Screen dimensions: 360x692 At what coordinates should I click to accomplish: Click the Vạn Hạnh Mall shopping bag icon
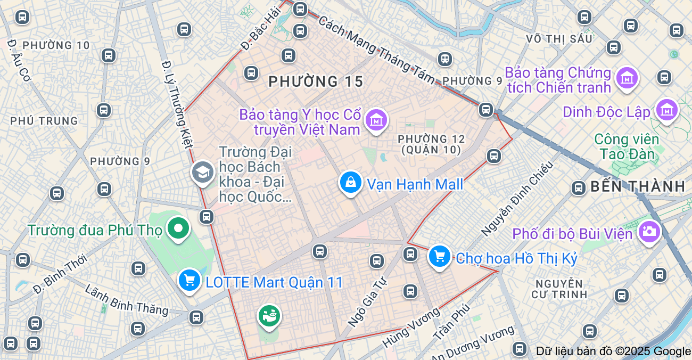[351, 182]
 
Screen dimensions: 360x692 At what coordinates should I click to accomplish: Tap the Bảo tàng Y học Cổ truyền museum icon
[376, 120]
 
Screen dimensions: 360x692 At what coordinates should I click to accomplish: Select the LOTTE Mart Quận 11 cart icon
[190, 280]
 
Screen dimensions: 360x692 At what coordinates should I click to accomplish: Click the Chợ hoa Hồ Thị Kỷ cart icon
[440, 257]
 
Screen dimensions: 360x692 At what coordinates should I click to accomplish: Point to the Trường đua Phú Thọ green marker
[178, 228]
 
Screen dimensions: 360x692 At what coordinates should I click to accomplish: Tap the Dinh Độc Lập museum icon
[667, 110]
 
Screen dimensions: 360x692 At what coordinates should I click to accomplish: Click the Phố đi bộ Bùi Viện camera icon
[649, 231]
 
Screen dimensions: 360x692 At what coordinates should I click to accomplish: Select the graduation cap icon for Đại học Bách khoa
[203, 171]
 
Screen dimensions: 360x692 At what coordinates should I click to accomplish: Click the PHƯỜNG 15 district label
[316, 81]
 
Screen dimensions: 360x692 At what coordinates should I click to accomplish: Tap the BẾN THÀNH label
[637, 186]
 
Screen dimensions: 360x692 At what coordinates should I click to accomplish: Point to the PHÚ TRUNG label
[44, 121]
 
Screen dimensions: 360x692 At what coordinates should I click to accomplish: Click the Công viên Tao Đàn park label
[627, 146]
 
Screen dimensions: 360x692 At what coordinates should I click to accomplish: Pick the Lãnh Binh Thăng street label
[126, 299]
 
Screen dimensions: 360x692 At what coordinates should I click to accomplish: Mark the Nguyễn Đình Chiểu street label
[517, 198]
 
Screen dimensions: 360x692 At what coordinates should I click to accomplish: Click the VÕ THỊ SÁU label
[559, 39]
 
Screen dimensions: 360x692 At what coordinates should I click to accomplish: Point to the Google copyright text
[613, 351]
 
